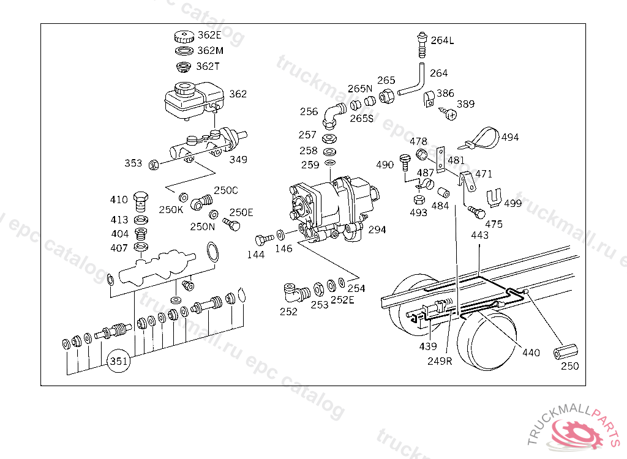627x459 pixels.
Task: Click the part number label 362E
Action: (x=209, y=35)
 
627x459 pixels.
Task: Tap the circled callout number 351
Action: (x=119, y=361)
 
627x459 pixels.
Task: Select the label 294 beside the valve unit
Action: (x=377, y=229)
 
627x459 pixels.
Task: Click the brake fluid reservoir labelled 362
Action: (x=194, y=100)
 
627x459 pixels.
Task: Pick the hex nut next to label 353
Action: (x=154, y=165)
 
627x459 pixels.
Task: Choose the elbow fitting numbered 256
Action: (x=333, y=115)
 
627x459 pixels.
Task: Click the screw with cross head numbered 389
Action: (x=449, y=114)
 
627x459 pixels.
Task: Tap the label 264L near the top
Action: (x=442, y=40)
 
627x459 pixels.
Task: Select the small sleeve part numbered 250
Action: (x=565, y=351)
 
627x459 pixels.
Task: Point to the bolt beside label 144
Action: (x=265, y=239)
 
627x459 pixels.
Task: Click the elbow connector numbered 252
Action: (x=296, y=293)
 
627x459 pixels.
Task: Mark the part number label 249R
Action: (x=440, y=361)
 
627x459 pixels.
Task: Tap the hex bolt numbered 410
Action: (x=141, y=201)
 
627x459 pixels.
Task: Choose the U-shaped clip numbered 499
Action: (x=494, y=198)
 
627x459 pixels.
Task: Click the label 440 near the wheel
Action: (x=531, y=353)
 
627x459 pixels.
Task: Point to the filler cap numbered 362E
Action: (x=184, y=37)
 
